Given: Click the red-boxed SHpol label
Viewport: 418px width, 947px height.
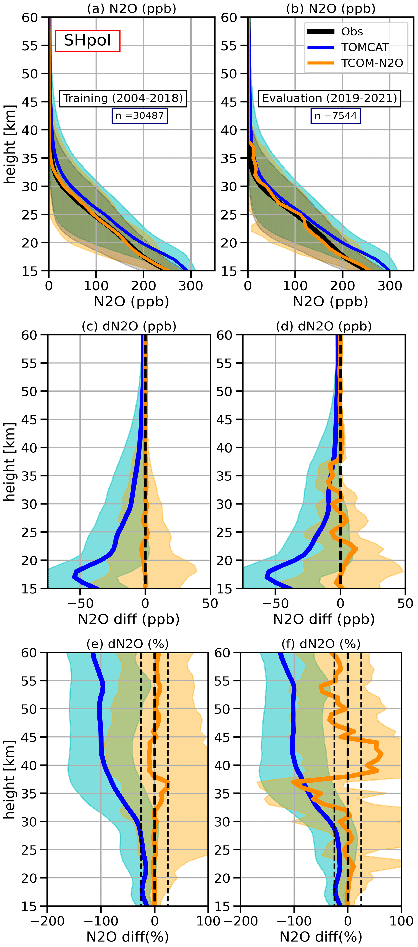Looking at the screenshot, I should point(88,40).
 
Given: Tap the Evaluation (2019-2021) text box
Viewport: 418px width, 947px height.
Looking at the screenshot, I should point(329,98).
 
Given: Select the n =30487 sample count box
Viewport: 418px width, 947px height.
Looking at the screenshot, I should point(140,116).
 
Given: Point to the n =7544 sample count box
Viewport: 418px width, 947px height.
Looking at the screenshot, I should point(336,116).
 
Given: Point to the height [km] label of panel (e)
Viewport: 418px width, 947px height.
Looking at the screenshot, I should point(10,779).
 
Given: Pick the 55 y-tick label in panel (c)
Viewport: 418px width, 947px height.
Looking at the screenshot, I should point(29,363).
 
